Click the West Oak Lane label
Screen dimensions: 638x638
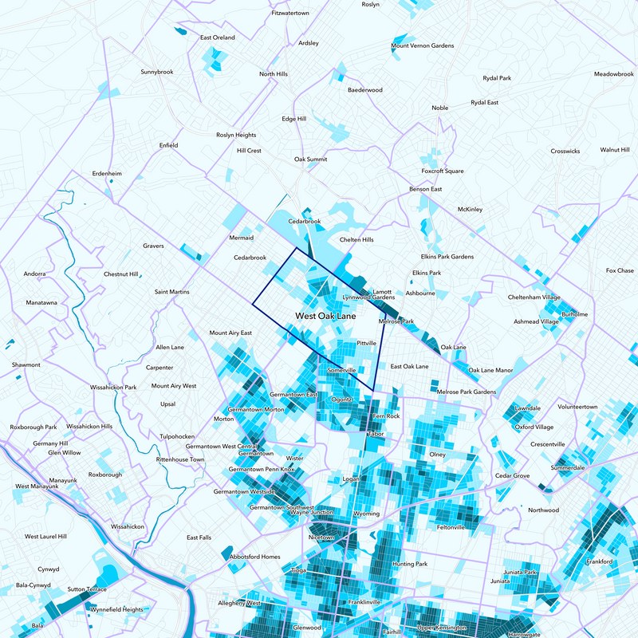coord(325,317)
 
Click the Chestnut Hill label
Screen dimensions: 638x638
coord(121,274)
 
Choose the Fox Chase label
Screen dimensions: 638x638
coord(619,270)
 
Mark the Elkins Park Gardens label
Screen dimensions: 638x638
coord(447,257)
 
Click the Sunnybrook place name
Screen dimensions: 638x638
coord(157,72)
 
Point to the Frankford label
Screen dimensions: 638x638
coord(599,562)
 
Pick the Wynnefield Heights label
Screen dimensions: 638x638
coord(116,609)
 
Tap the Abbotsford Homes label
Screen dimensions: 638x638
coord(254,556)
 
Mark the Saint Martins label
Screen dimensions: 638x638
coord(171,293)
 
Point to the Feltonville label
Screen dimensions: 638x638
coord(451,527)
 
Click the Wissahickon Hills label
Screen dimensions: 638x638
coord(89,427)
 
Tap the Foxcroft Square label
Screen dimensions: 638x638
coord(442,171)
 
